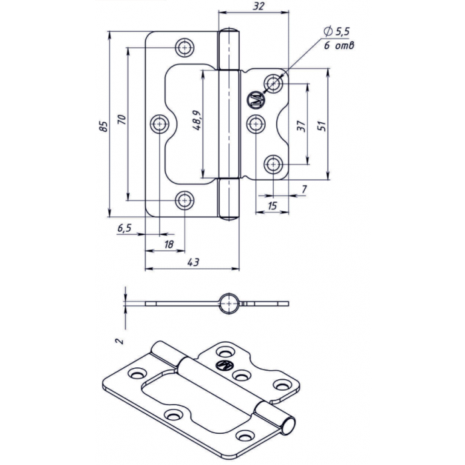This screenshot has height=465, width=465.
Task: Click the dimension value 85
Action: click(x=102, y=126)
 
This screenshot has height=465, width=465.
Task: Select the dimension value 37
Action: click(x=301, y=126)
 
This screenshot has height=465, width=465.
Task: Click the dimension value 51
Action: click(x=322, y=126)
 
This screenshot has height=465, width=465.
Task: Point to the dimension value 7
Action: click(x=304, y=190)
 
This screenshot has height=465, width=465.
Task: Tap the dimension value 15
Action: click(x=272, y=207)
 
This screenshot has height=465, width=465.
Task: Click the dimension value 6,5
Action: click(x=125, y=228)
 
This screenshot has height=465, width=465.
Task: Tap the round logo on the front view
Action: click(x=256, y=100)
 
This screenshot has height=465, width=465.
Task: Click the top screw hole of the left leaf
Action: click(x=185, y=48)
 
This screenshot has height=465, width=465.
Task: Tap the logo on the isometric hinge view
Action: click(x=225, y=365)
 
